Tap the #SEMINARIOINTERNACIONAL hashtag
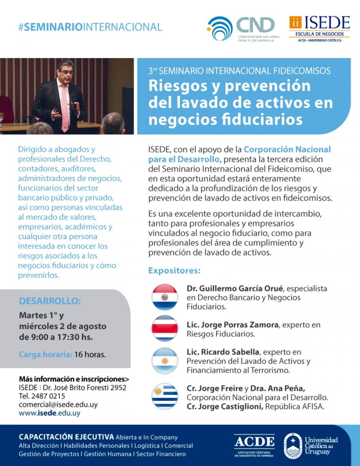[x=90, y=27]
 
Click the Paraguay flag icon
[x=164, y=297]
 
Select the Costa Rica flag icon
[x=164, y=329]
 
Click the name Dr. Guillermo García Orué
[x=235, y=289]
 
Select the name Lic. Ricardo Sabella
[x=223, y=352]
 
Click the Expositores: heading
[x=174, y=271]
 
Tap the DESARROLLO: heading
[x=50, y=301]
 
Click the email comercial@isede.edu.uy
[x=58, y=404]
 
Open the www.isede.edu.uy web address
[x=50, y=413]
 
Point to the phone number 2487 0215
[x=48, y=396]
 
